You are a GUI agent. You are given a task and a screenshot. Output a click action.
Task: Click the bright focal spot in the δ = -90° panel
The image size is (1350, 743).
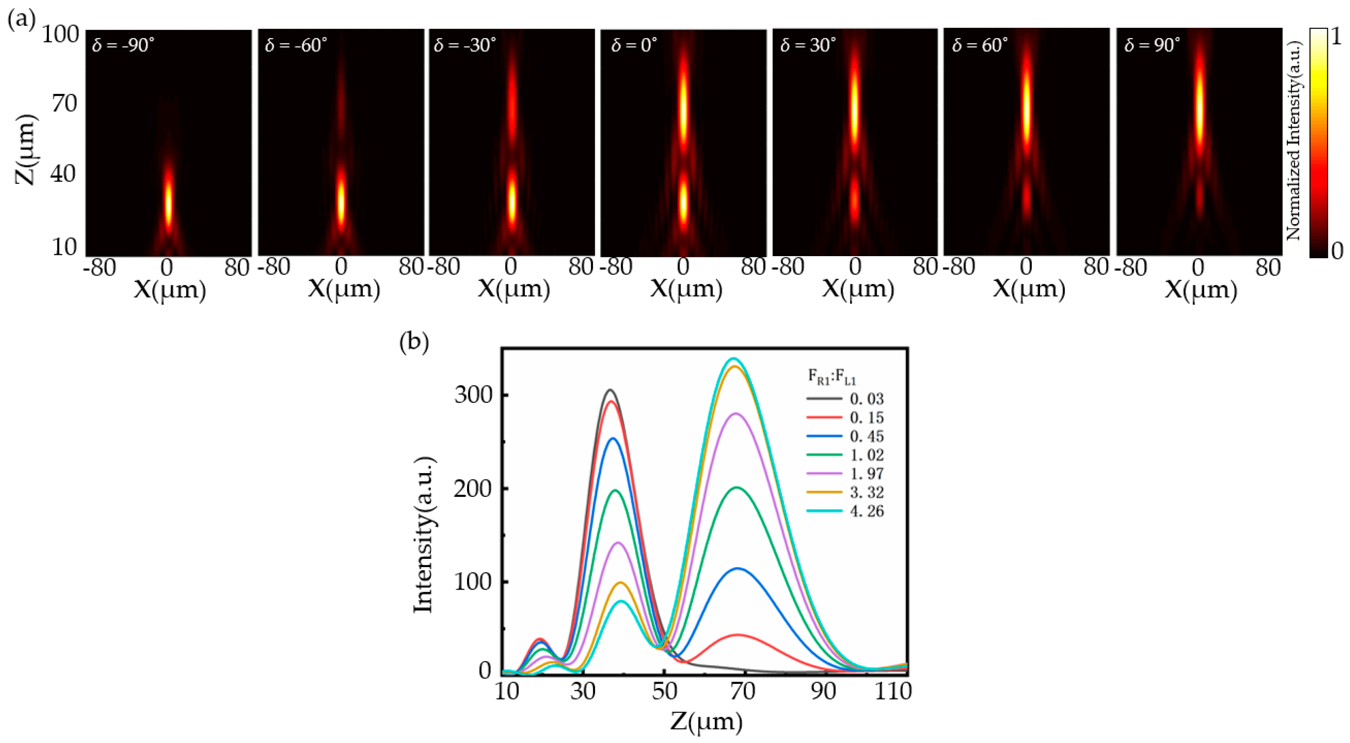[x=168, y=202]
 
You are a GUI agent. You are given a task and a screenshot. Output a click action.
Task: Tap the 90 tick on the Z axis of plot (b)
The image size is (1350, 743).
[x=823, y=691]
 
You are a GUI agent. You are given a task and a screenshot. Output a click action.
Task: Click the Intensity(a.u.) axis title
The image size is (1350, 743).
[x=423, y=535]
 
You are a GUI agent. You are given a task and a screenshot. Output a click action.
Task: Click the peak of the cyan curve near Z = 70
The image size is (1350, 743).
[x=734, y=359]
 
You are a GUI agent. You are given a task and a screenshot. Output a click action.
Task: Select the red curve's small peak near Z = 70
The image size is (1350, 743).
[x=738, y=635]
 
